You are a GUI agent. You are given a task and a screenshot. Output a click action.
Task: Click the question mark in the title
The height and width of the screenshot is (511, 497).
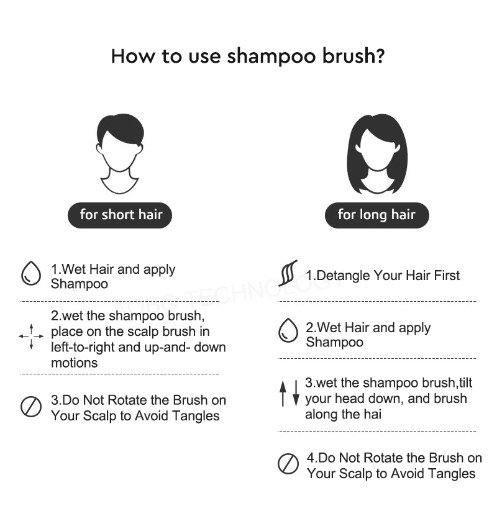point(380,56)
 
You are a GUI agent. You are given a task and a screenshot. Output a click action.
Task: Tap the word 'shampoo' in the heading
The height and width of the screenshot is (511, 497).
point(271,57)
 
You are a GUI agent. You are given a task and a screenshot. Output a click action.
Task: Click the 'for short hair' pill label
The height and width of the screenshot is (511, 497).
point(120,215)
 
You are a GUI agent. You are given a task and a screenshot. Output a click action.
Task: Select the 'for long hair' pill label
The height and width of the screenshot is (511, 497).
point(376,215)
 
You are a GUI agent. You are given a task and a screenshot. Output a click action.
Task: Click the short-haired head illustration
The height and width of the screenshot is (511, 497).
point(120,154)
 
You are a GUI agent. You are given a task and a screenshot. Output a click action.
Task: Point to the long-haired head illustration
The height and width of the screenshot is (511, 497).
point(377,154)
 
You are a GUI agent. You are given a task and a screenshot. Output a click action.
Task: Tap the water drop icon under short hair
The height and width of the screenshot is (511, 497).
point(31,273)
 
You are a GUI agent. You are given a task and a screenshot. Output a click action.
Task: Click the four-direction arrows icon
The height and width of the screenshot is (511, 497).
point(31,337)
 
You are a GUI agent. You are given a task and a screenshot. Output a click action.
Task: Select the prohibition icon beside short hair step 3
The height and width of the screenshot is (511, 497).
point(31,407)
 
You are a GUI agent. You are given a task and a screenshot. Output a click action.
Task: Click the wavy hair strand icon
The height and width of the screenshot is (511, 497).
point(288,273)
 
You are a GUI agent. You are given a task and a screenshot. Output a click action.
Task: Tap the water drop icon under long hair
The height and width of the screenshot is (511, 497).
point(288,330)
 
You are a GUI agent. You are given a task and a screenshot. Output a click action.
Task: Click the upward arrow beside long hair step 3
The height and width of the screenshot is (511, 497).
point(283,394)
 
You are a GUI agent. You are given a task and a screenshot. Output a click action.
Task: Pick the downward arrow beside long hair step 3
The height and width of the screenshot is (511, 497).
point(296,394)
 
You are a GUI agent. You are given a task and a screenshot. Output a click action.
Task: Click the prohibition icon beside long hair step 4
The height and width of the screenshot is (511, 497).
point(288,463)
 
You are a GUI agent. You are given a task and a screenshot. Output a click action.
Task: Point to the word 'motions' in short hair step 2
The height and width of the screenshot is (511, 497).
point(75,363)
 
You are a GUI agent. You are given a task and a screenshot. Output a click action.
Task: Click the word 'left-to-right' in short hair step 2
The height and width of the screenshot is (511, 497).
point(83,347)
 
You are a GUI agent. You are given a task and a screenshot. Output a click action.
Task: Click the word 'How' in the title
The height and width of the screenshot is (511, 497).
point(134,56)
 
